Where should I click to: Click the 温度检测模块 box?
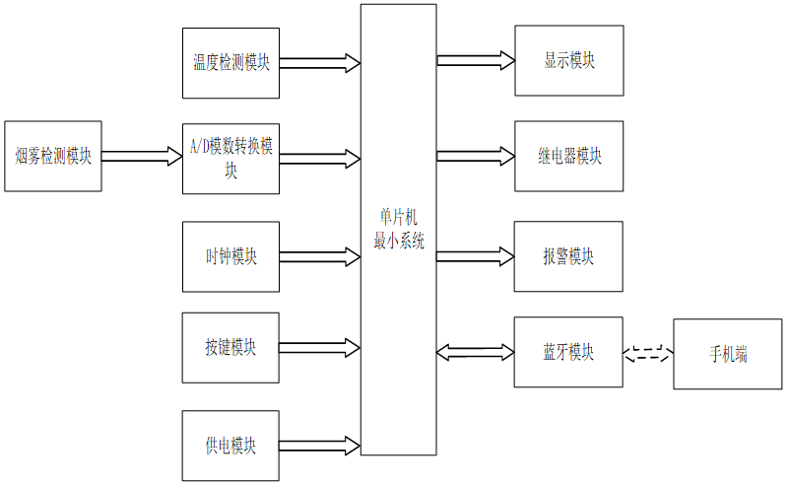click(230, 63)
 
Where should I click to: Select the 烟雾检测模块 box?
click(53, 156)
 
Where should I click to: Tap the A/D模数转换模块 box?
click(230, 159)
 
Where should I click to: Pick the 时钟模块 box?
click(230, 257)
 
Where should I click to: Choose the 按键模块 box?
click(230, 347)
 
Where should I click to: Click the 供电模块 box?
click(230, 446)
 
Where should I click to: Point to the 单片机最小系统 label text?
click(399, 229)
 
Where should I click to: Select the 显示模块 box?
click(569, 60)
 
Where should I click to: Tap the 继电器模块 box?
click(569, 156)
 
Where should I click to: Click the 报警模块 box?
click(568, 256)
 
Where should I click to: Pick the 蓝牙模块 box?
click(568, 352)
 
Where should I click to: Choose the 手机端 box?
click(728, 354)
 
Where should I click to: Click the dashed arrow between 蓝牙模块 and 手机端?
click(648, 353)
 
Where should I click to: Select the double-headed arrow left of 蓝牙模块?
click(475, 352)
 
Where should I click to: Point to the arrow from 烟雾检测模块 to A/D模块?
click(142, 156)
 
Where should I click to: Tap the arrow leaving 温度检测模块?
click(320, 63)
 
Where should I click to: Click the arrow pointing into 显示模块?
click(476, 60)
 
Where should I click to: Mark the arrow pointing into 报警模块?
click(475, 256)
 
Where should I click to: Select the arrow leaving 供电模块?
click(319, 446)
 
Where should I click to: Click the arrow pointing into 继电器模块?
click(476, 156)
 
